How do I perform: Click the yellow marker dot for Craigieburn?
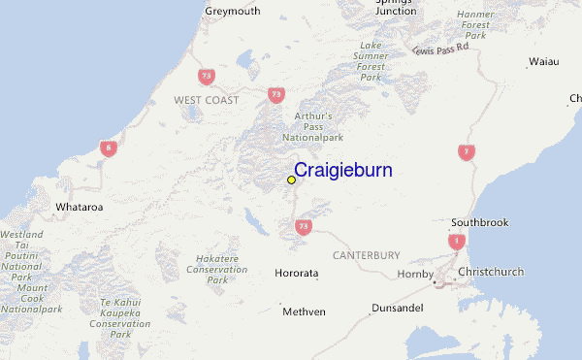pyautogui.click(x=291, y=180)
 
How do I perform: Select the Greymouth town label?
pyautogui.click(x=233, y=12)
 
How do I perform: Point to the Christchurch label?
pyautogui.click(x=491, y=272)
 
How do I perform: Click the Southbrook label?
pyautogui.click(x=479, y=222)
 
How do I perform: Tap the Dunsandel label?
pyautogui.click(x=396, y=309)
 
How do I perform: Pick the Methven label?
pyautogui.click(x=304, y=311)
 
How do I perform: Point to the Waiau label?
pyautogui.click(x=543, y=61)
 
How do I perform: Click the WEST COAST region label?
pyautogui.click(x=206, y=100)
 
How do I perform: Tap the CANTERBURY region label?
pyautogui.click(x=366, y=255)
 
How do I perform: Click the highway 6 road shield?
pyautogui.click(x=109, y=147)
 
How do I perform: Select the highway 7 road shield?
pyautogui.click(x=468, y=151)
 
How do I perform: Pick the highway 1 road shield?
pyautogui.click(x=456, y=242)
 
